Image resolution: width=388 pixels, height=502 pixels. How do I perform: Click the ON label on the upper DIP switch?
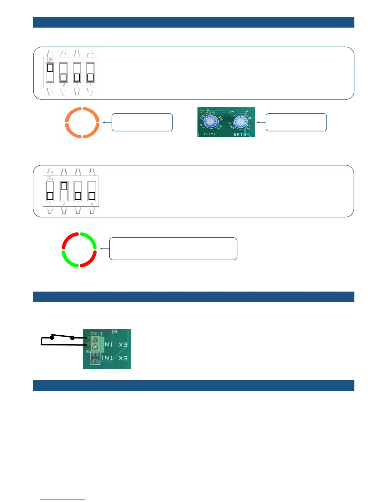coord(50,60)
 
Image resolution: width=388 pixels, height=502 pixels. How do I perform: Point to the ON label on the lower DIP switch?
coord(50,178)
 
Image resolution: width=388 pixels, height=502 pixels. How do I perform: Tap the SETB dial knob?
coord(241,122)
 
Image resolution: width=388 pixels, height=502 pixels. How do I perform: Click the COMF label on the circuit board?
coord(210,134)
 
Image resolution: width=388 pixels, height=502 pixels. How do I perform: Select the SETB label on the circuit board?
coord(240,135)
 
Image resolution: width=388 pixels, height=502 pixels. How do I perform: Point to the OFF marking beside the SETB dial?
coord(232,126)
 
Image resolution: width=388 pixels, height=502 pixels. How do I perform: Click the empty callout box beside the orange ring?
coord(142,122)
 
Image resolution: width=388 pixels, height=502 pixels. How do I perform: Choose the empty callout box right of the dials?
coord(296,122)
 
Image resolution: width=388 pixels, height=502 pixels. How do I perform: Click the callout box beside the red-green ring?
coord(173,249)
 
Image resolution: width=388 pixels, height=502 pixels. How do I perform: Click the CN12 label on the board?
coord(96,333)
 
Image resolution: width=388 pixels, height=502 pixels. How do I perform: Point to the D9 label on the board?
coord(114,332)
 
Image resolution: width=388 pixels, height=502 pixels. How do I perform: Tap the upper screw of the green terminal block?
coord(95,340)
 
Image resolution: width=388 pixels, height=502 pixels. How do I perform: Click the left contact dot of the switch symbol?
coord(52,338)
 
